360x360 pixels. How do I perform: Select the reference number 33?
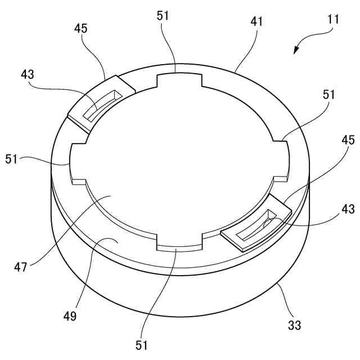tap(294, 325)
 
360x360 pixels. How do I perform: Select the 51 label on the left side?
tap(13, 159)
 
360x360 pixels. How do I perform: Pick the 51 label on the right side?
tap(328, 94)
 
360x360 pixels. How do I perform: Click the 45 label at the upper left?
tap(81, 28)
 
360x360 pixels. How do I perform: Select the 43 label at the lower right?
tap(348, 209)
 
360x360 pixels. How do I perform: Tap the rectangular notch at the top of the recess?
tap(178, 80)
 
